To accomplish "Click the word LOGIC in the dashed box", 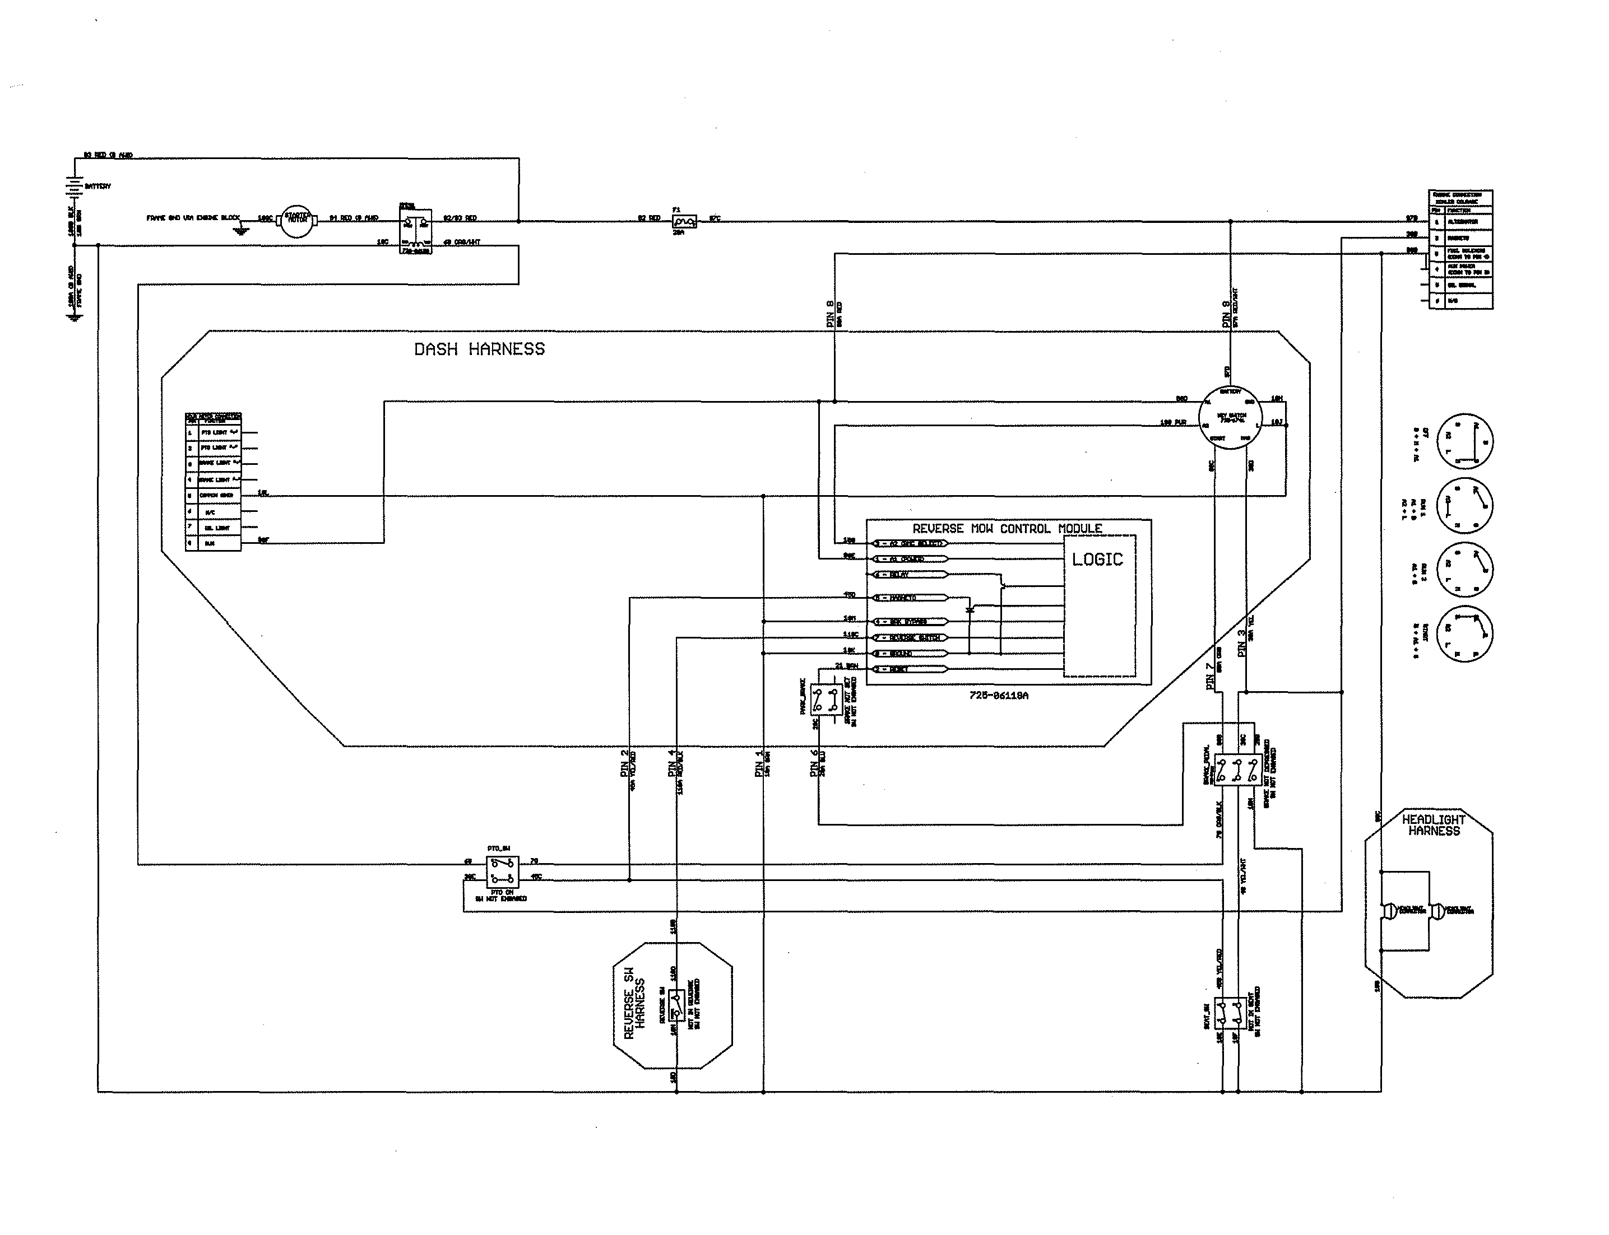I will [1097, 560].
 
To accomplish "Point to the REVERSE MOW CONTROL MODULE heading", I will [1007, 529].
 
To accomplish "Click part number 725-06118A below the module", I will [999, 696].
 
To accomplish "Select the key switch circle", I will [1230, 417].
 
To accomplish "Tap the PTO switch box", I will [502, 872].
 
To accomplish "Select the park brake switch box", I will [826, 700].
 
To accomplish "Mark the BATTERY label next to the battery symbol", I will [98, 187].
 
